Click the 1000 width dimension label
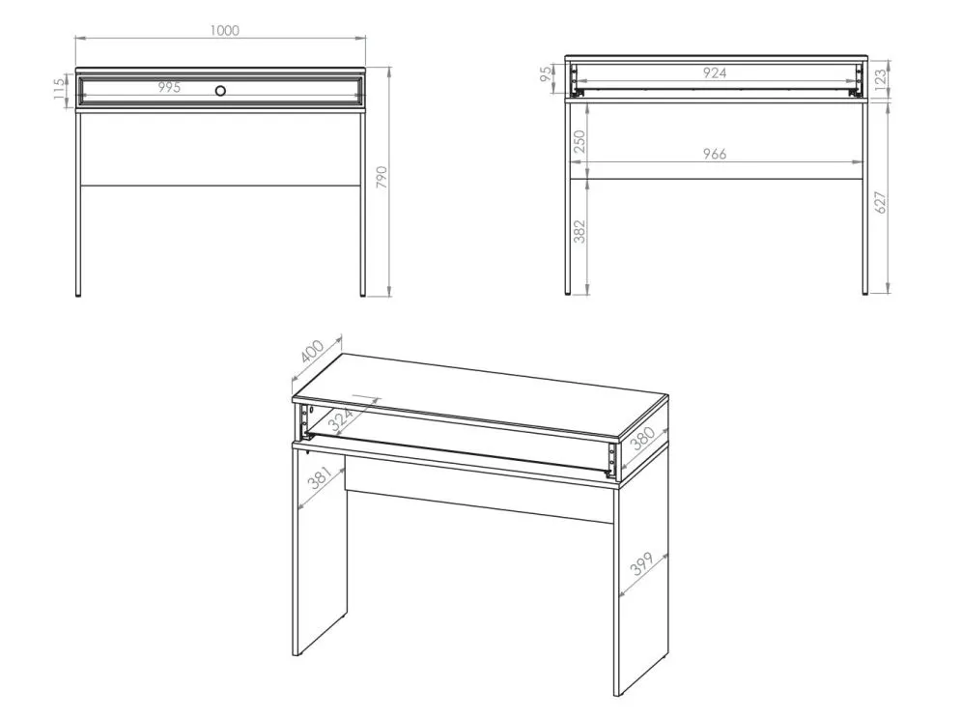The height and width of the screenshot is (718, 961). point(224,30)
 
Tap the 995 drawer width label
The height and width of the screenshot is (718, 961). point(169,87)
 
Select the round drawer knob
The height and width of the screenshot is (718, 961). point(220,91)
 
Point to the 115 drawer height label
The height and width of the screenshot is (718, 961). point(59,90)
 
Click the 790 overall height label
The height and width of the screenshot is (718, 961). point(382,177)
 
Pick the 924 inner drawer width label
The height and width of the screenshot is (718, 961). point(715,73)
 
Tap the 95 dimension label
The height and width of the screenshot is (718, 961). point(546,74)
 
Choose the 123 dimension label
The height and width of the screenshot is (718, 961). point(880,78)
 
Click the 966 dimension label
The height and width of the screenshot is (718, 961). point(715,154)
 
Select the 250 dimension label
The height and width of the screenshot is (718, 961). point(579,142)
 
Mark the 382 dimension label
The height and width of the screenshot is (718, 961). point(579,232)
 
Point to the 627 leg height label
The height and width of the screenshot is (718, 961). point(880,202)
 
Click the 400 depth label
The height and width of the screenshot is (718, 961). point(312,351)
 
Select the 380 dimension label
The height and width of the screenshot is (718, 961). point(643,439)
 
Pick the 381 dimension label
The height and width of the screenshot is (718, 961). point(320,477)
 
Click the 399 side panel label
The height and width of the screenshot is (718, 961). point(641,563)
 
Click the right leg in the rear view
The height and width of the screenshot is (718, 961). point(864,197)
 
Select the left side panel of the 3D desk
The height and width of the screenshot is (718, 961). point(320,550)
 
